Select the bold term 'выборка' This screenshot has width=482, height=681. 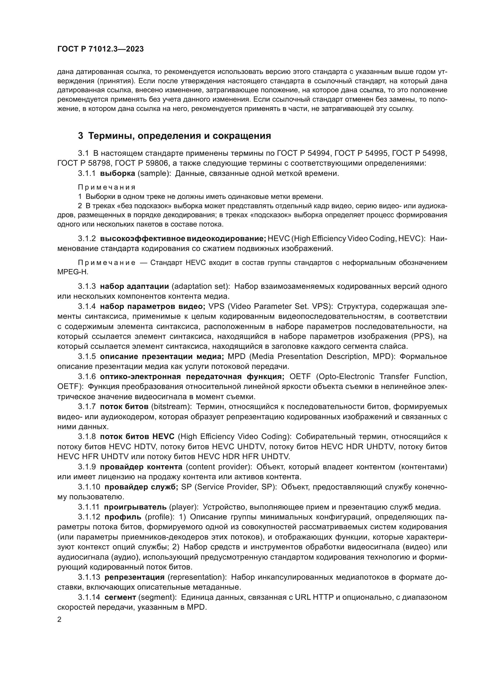click(117, 174)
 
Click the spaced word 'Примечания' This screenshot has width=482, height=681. click(107, 187)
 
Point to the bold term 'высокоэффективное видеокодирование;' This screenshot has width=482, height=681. click(183, 238)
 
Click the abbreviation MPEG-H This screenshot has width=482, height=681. click(73, 272)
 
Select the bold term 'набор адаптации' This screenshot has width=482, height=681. click(134, 286)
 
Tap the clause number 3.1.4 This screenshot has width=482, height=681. click(87, 306)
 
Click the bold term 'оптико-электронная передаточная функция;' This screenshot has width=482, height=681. click(192, 377)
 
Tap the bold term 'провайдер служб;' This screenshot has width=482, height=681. click(141, 487)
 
